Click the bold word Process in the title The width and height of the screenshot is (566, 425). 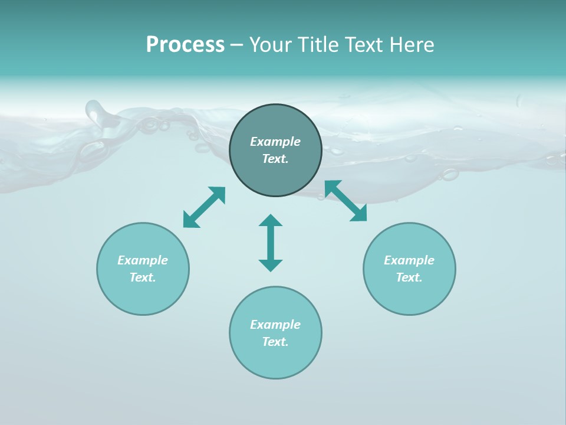click(x=185, y=45)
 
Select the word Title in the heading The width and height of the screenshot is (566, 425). click(x=319, y=45)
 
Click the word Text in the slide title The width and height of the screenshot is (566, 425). click(x=366, y=45)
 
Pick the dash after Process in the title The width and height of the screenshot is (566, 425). click(x=236, y=45)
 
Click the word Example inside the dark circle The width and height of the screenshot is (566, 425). click(x=275, y=142)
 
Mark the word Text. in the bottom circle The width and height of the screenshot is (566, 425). click(x=275, y=342)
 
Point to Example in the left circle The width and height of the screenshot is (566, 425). click(x=143, y=260)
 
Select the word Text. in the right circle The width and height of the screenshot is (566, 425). click(x=409, y=277)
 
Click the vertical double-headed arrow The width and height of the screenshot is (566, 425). click(x=271, y=243)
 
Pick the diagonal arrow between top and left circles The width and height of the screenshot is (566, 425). click(x=204, y=207)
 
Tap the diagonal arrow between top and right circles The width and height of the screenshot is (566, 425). click(x=345, y=201)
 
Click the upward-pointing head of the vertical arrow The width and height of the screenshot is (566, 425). click(x=271, y=220)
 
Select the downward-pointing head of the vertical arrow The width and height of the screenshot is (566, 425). click(x=271, y=265)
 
